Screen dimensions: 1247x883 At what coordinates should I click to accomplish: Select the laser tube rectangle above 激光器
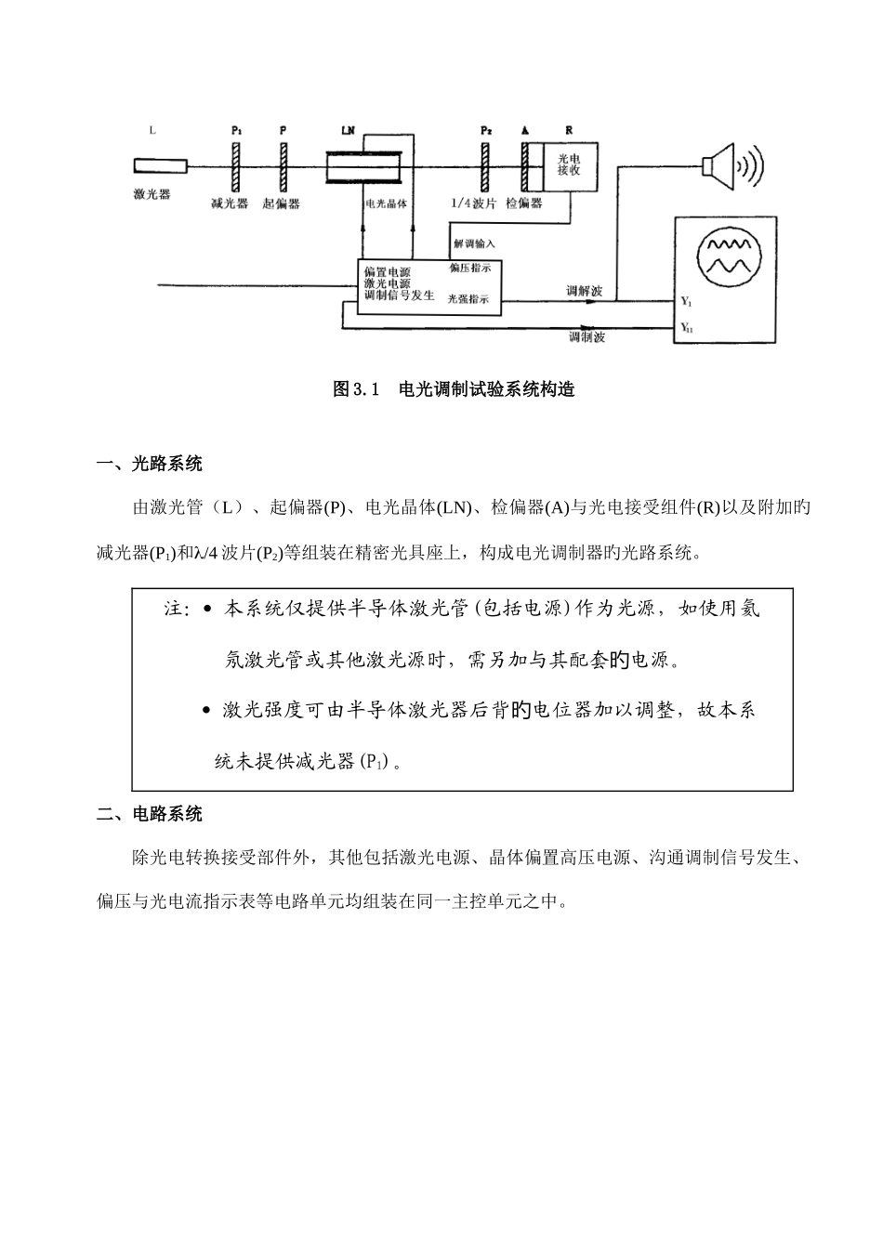(160, 166)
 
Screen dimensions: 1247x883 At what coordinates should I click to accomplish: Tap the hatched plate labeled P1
(236, 167)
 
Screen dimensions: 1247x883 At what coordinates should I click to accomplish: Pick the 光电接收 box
(569, 165)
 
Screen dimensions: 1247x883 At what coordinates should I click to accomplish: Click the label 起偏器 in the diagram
(282, 203)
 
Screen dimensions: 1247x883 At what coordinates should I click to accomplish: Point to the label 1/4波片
(473, 203)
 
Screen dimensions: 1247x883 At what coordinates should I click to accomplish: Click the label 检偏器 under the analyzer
(524, 203)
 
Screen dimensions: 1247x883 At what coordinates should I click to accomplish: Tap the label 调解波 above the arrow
(585, 291)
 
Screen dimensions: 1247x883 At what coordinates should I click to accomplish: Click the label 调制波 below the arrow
(587, 336)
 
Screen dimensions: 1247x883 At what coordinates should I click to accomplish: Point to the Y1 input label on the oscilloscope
(686, 302)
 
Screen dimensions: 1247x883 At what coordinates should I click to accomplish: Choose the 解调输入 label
(474, 243)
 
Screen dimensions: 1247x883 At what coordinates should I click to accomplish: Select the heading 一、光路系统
(150, 464)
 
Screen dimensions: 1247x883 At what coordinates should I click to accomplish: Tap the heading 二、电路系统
(150, 815)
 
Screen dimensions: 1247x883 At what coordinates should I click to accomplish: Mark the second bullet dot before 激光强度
(205, 711)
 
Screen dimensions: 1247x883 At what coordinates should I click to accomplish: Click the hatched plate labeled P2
(485, 167)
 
